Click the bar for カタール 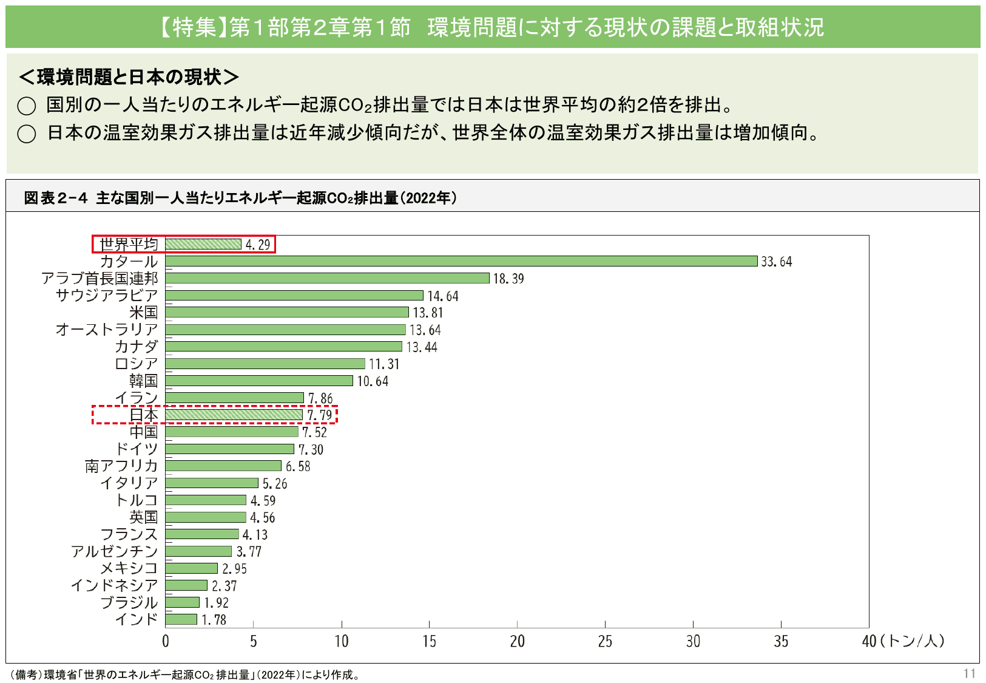(461, 261)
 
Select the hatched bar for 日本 (234, 415)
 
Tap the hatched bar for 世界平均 (203, 244)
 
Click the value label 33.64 (777, 262)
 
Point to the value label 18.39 (508, 279)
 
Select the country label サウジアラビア (107, 296)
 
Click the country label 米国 (143, 313)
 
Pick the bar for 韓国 (258, 381)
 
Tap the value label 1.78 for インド (214, 620)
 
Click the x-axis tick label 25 (605, 642)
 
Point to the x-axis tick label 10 (342, 642)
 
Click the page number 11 (969, 673)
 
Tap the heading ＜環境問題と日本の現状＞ (129, 77)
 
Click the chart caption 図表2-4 (56, 198)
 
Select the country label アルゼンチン (114, 551)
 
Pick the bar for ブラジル (182, 602)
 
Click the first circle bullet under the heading (27, 106)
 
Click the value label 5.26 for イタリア (275, 484)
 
